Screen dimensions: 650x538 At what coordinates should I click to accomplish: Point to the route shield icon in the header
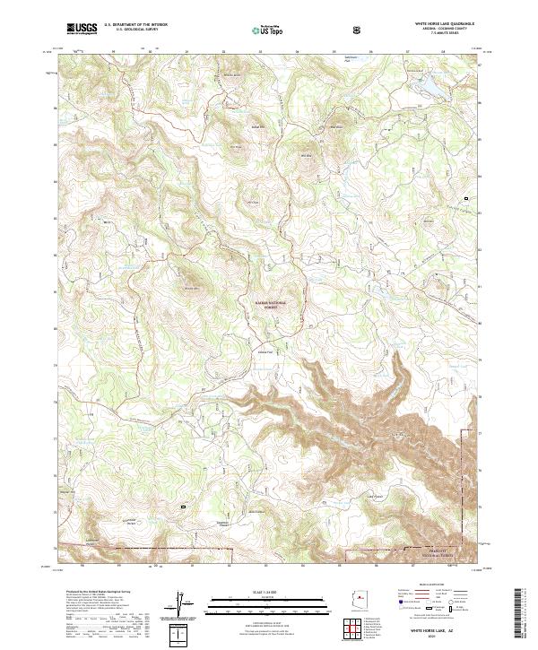click(358, 30)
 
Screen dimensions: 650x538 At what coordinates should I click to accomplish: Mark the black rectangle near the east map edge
click(465, 197)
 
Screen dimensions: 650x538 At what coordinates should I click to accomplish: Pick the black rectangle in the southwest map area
click(183, 507)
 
